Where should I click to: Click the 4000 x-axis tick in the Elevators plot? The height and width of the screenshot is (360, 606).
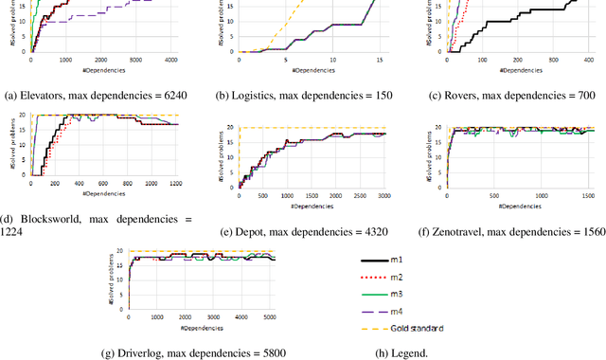170,61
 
